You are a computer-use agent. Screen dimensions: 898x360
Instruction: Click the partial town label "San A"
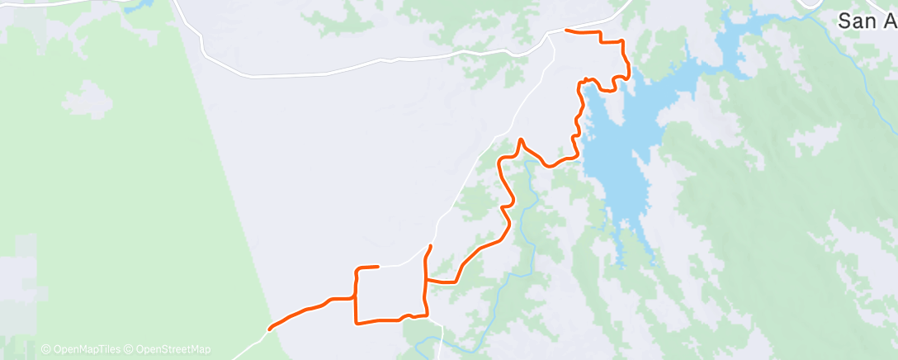pyautogui.click(x=867, y=21)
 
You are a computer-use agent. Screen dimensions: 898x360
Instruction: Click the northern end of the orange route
pyautogui.click(x=565, y=31)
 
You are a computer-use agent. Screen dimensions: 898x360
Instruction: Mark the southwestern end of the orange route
pyautogui.click(x=270, y=329)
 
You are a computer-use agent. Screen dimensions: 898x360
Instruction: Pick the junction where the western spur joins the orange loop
pyautogui.click(x=355, y=298)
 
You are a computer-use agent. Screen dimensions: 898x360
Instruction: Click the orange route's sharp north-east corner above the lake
pyautogui.click(x=622, y=40)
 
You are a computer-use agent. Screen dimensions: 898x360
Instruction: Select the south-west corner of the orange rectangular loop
pyautogui.click(x=356, y=320)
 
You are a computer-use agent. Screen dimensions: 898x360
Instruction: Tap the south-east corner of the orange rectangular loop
pyautogui.click(x=426, y=314)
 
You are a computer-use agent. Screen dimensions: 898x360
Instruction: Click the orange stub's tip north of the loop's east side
pyautogui.click(x=430, y=246)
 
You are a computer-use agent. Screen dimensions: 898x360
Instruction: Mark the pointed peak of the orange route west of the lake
pyautogui.click(x=520, y=140)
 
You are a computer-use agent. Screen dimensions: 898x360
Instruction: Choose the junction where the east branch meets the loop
pyautogui.click(x=426, y=282)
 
